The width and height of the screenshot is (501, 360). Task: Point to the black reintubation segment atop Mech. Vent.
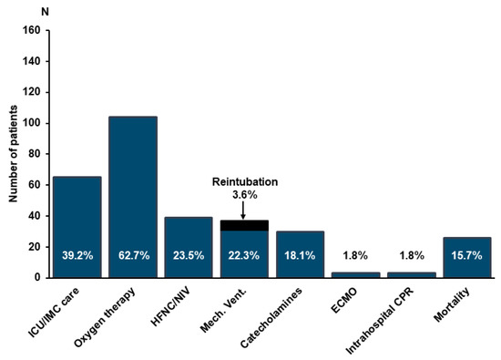pos(243,225)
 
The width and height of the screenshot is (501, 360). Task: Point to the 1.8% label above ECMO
pos(354,257)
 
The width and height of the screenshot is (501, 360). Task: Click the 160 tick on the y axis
pos(32,30)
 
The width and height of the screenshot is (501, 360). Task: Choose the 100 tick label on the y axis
pos(32,123)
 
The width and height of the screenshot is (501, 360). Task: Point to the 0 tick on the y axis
pos(37,277)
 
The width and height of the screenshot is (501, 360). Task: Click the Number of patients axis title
pos(13,152)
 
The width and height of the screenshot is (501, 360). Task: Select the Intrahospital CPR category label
pos(391,315)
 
